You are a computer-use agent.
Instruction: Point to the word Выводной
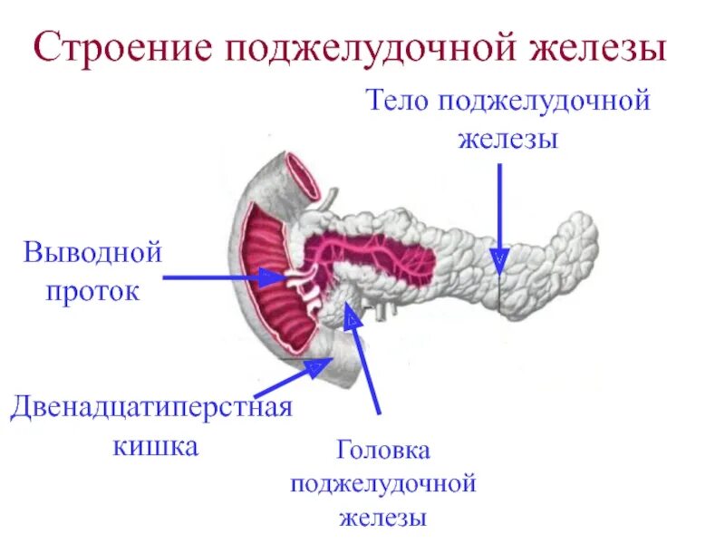click(x=93, y=251)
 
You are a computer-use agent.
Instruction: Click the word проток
click(x=93, y=291)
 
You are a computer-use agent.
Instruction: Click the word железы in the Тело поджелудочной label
click(x=507, y=140)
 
